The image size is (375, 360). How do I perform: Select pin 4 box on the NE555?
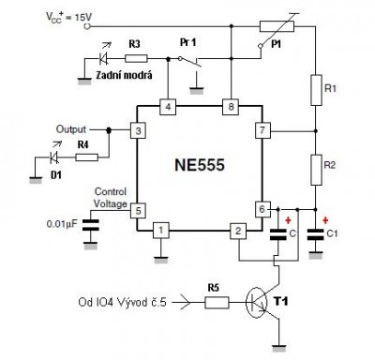coord(168,106)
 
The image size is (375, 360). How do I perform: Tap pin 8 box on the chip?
coord(228,106)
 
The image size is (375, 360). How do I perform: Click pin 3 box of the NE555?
coord(138,130)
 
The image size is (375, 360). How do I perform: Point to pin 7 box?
coord(262,130)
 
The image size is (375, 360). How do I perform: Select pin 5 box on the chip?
coord(138,212)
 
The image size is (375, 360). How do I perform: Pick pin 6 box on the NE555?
coord(262,209)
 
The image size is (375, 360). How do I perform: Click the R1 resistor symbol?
coord(314,90)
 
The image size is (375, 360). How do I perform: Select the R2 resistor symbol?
coord(314,169)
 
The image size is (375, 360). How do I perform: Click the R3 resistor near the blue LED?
coord(135,58)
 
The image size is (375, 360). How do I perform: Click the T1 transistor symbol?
coord(266,302)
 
